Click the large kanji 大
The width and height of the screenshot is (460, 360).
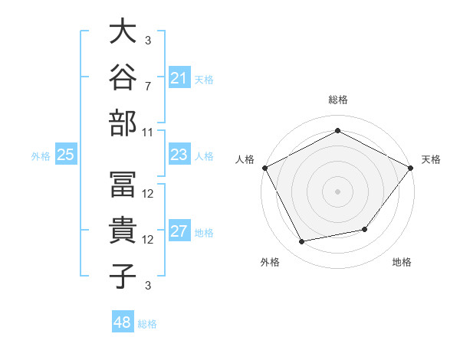tap(123, 31)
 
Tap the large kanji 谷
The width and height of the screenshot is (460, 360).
tap(123, 77)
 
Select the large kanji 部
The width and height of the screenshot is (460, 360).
tap(123, 123)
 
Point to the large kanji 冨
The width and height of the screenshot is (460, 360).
tap(123, 185)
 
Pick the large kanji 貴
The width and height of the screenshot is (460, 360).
tap(123, 230)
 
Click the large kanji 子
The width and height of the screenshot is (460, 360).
tap(123, 277)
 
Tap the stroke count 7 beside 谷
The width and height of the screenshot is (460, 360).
tap(148, 87)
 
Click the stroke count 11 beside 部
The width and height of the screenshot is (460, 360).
tap(147, 133)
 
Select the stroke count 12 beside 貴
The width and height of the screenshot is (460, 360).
tap(147, 240)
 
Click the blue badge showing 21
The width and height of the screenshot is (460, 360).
tap(179, 77)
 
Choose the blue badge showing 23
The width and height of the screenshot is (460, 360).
tap(179, 154)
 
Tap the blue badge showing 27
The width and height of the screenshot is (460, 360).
tap(179, 230)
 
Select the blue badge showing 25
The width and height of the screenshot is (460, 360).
tap(66, 154)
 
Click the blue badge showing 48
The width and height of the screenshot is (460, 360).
tap(123, 321)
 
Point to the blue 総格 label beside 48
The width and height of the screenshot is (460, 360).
tap(147, 324)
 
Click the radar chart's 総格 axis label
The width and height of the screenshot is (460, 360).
tap(338, 100)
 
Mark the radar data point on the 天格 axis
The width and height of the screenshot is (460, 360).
tap(411, 168)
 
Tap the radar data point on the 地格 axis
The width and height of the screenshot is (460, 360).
tap(365, 229)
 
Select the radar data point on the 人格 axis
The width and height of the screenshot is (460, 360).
tap(265, 168)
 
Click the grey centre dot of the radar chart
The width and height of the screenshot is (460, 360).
tap(337, 191)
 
